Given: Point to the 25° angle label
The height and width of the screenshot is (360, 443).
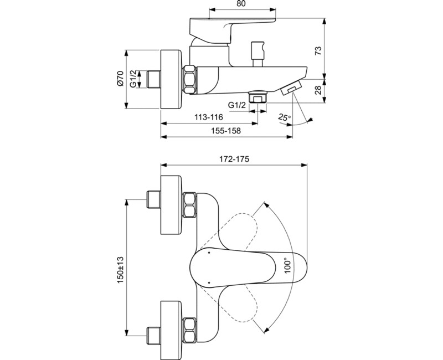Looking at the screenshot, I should coord(284,118).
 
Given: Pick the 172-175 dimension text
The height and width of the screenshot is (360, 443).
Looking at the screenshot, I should coord(234,159).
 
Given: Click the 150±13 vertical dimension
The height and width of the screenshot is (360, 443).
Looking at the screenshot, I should coord(120,269).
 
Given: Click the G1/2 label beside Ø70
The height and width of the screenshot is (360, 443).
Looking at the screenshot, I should coord(133,79).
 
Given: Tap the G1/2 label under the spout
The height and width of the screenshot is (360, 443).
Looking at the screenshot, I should coord(237,105).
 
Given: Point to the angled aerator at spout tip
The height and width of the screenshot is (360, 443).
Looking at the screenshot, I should coord(291,88).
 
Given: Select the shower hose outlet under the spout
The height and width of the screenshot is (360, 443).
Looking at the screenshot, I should coord(257,96).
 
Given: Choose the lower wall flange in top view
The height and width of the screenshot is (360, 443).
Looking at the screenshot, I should coord(171,325).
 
